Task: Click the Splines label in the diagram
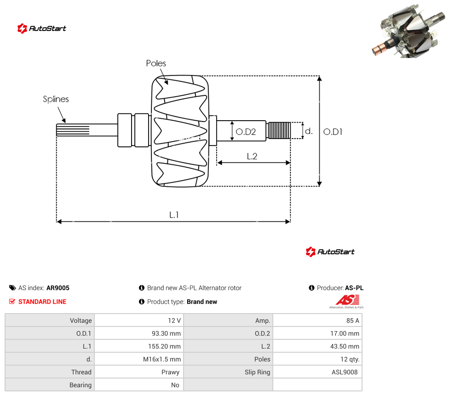click(56, 99)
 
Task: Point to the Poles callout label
click(156, 63)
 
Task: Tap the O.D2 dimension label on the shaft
click(246, 132)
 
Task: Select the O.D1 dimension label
click(333, 132)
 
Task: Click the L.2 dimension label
click(252, 156)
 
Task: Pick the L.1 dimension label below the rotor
click(174, 215)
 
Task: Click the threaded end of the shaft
click(278, 130)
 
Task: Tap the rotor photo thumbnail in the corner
click(409, 31)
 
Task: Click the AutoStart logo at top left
click(42, 29)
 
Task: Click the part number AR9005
click(58, 288)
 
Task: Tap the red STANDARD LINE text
click(42, 302)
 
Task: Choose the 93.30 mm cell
click(166, 333)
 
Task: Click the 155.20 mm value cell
click(164, 346)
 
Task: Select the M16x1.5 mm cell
click(162, 359)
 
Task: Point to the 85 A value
click(353, 320)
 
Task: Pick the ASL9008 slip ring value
click(345, 372)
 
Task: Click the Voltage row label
click(81, 320)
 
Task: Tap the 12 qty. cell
click(350, 359)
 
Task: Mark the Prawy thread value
click(170, 372)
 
